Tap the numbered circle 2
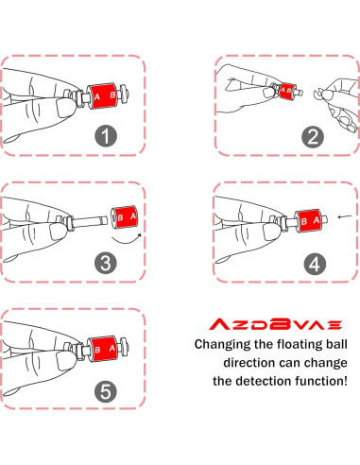click(x=310, y=134)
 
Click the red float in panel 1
click(x=105, y=96)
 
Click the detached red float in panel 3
click(x=126, y=218)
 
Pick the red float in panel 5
click(x=105, y=350)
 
